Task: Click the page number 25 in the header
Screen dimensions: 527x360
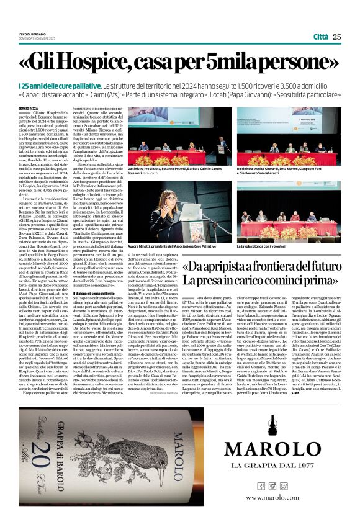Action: (336, 37)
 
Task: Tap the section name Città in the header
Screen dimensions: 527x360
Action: (321, 37)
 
